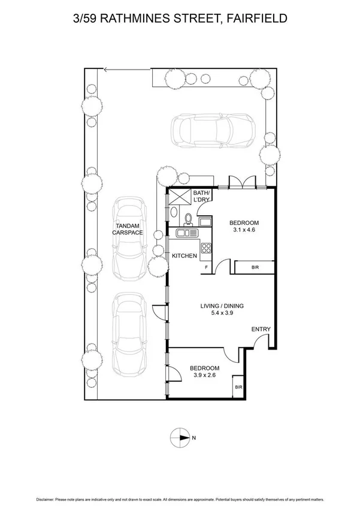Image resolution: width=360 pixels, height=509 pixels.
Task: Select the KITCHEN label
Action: (x=184, y=256)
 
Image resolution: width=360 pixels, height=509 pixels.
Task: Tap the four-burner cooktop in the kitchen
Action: (x=207, y=247)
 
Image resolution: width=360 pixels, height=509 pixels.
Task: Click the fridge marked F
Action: (x=207, y=267)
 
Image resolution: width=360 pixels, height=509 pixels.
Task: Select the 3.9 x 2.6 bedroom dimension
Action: (x=204, y=376)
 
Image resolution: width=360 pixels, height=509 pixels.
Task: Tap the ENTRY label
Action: (x=261, y=329)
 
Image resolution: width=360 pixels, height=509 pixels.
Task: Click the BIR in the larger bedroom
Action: (x=255, y=267)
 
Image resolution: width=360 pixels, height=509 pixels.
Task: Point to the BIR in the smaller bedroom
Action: (x=238, y=388)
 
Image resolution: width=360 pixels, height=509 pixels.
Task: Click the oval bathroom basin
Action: (x=173, y=213)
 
